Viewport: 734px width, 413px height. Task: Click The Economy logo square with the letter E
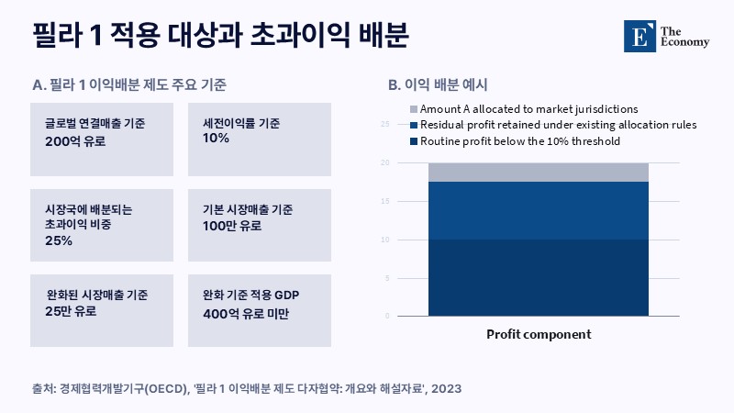639,36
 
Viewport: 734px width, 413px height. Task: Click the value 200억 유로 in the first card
75,141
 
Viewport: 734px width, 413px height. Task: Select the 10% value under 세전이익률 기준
216,139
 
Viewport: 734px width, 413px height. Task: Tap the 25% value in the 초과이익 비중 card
59,240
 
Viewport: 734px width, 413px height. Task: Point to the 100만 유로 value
232,226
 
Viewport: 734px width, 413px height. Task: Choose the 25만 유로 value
71,311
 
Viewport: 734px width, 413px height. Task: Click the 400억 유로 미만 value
246,314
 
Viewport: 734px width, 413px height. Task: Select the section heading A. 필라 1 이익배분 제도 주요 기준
129,84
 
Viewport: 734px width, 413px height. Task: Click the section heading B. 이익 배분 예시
438,84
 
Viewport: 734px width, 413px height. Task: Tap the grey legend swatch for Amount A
414,109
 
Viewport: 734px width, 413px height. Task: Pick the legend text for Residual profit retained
559,125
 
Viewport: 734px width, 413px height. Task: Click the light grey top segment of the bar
539,173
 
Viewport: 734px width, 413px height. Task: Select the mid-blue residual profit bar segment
539,211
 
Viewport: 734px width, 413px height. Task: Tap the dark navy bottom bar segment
539,278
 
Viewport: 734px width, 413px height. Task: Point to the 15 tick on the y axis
384,201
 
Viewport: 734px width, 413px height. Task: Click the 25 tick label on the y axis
384,124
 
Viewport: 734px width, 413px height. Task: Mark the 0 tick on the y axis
387,316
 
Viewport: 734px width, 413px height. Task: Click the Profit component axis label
539,335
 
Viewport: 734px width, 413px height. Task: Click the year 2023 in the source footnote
446,388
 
